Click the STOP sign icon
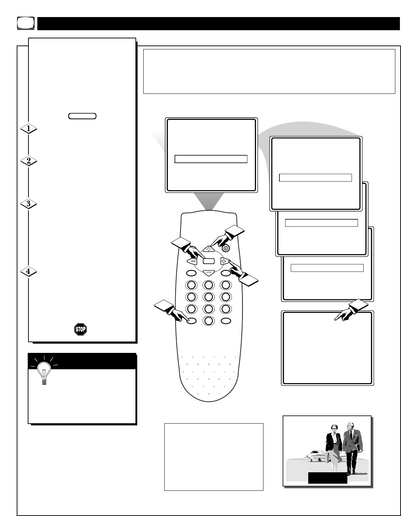pyautogui.click(x=80, y=329)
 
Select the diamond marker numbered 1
pyautogui.click(x=28, y=129)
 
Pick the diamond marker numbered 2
pyautogui.click(x=28, y=161)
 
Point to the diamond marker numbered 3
pyautogui.click(x=28, y=204)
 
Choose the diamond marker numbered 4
pyautogui.click(x=28, y=272)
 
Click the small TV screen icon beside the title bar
pyautogui.click(x=26, y=23)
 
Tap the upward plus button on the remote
pyautogui.click(x=209, y=249)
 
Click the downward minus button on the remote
pyautogui.click(x=209, y=273)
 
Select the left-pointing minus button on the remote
pyautogui.click(x=192, y=261)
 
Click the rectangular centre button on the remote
pyautogui.click(x=209, y=261)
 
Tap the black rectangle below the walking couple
pyautogui.click(x=328, y=478)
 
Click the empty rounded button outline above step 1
pyautogui.click(x=82, y=116)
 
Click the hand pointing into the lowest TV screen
pyautogui.click(x=351, y=310)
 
